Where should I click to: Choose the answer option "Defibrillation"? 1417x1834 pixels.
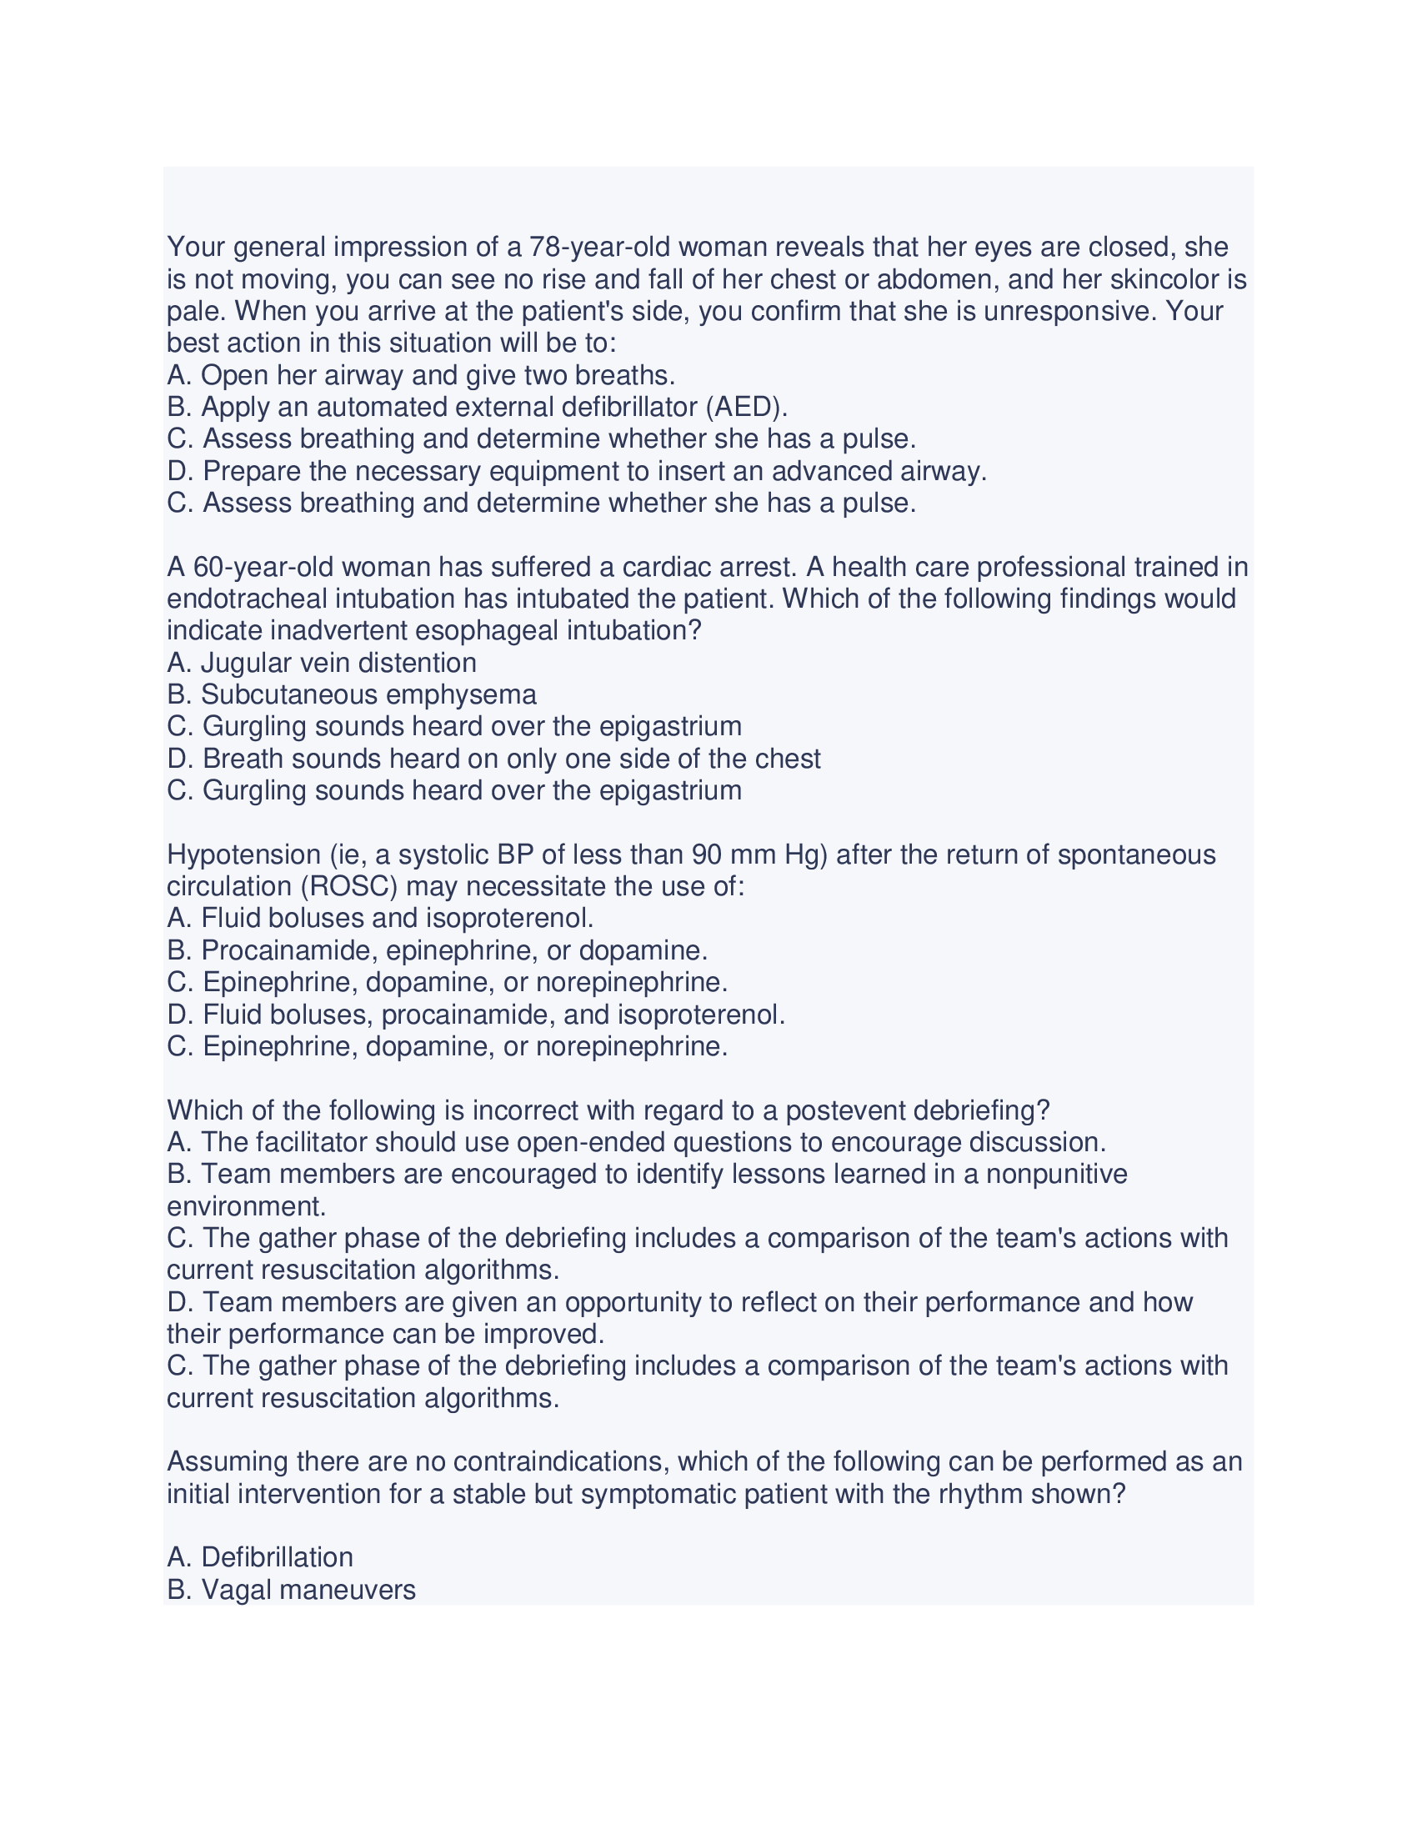(x=277, y=1557)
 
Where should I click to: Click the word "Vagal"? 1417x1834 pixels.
(x=238, y=1590)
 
